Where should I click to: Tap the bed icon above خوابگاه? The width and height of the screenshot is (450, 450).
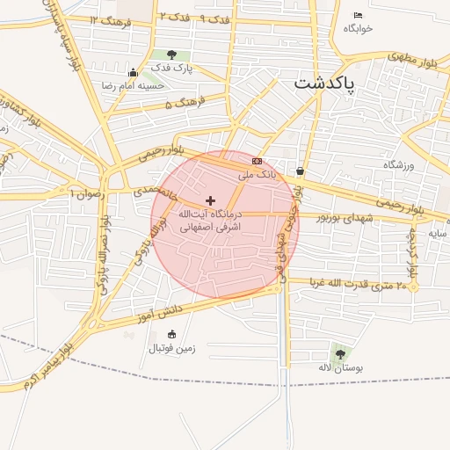pyautogui.click(x=358, y=16)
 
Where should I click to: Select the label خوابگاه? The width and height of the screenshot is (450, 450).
pyautogui.click(x=359, y=28)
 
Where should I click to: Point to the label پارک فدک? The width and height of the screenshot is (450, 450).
pyautogui.click(x=171, y=68)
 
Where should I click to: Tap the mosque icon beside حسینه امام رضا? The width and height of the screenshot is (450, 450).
pyautogui.click(x=133, y=72)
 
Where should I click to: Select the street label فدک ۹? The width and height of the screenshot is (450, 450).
pyautogui.click(x=214, y=18)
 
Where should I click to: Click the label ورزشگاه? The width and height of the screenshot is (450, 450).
pyautogui.click(x=397, y=164)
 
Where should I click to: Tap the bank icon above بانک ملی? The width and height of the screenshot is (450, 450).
pyautogui.click(x=257, y=162)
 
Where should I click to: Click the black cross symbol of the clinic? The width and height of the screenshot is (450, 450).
pyautogui.click(x=210, y=201)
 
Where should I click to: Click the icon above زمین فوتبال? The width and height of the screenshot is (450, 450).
pyautogui.click(x=171, y=334)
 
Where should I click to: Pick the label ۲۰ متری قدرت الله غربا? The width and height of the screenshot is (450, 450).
pyautogui.click(x=359, y=285)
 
